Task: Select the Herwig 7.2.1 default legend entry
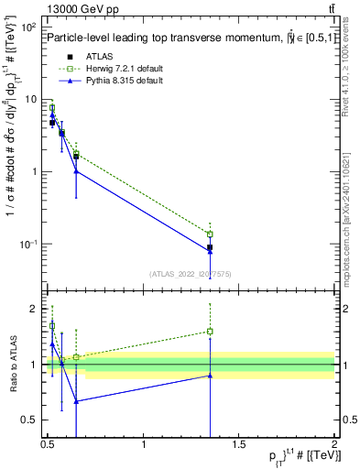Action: point(117,69)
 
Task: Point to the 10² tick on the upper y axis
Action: point(27,27)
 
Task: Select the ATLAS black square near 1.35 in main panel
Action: point(210,247)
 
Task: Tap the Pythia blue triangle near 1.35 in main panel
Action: point(210,252)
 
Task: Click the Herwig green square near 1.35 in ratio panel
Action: point(210,332)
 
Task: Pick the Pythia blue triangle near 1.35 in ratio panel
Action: point(210,376)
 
